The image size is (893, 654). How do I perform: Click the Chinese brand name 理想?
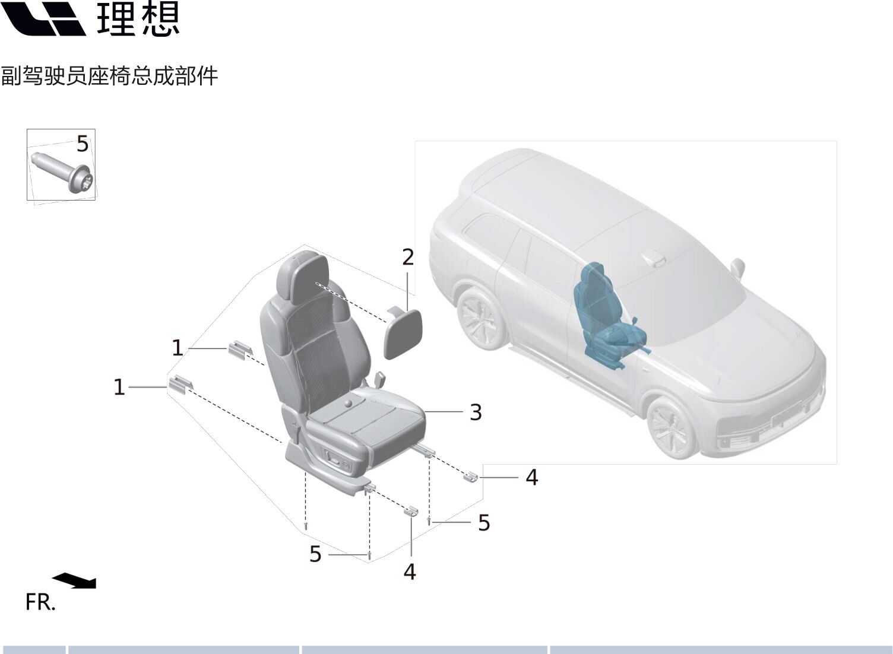point(138,18)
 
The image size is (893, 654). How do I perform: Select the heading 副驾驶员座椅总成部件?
point(109,76)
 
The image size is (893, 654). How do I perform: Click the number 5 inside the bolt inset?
point(83,144)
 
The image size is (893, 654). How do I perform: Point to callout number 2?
point(408,258)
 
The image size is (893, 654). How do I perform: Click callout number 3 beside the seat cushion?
point(476,412)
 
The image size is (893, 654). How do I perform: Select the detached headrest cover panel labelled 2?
point(402,332)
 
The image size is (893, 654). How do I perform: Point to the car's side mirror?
point(738,268)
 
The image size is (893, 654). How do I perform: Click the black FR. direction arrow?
point(75,580)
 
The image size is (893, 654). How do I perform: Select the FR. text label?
point(40,602)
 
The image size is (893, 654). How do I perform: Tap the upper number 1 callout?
point(178,348)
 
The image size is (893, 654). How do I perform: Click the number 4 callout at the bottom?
point(410,572)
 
